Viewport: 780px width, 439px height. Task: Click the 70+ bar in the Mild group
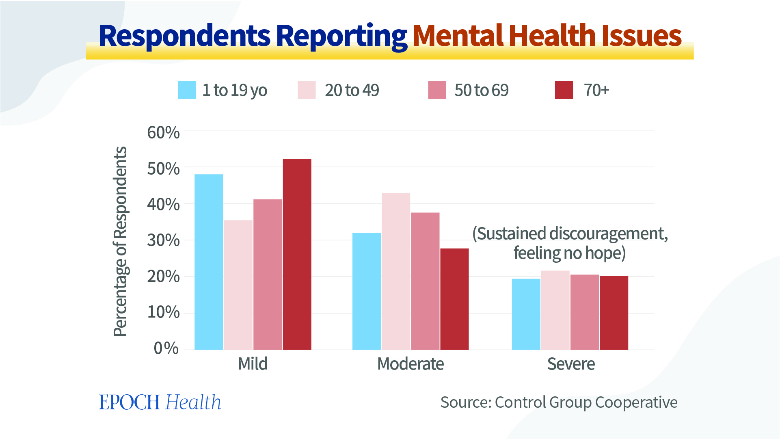click(297, 254)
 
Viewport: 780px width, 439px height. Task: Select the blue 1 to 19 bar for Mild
click(209, 262)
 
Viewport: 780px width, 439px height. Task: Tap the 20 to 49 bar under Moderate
click(396, 271)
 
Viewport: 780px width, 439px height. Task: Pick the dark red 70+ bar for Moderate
click(454, 299)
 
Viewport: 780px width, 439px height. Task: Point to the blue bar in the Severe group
click(526, 314)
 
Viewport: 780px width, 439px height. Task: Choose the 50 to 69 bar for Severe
click(584, 312)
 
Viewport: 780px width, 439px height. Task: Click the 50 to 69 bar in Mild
click(268, 275)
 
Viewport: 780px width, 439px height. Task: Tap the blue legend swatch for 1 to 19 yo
click(187, 90)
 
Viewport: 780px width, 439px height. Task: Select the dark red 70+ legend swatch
click(564, 90)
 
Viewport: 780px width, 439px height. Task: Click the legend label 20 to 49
click(352, 90)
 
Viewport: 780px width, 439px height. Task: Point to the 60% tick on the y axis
click(163, 132)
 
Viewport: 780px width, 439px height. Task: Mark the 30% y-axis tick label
click(163, 240)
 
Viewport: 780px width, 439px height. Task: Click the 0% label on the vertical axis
click(166, 348)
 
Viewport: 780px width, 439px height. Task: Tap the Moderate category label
click(410, 364)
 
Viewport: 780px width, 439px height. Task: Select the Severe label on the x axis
click(571, 364)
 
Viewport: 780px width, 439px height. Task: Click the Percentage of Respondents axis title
click(120, 241)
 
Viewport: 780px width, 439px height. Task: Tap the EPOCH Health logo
click(160, 402)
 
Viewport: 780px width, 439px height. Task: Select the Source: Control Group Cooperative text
click(559, 402)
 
